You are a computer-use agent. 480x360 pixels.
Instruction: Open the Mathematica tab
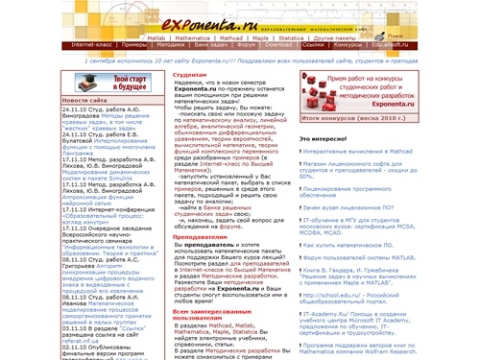click(192, 34)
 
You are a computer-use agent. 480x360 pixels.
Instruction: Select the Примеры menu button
click(135, 44)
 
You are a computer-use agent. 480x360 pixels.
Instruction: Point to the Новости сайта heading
click(85, 100)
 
